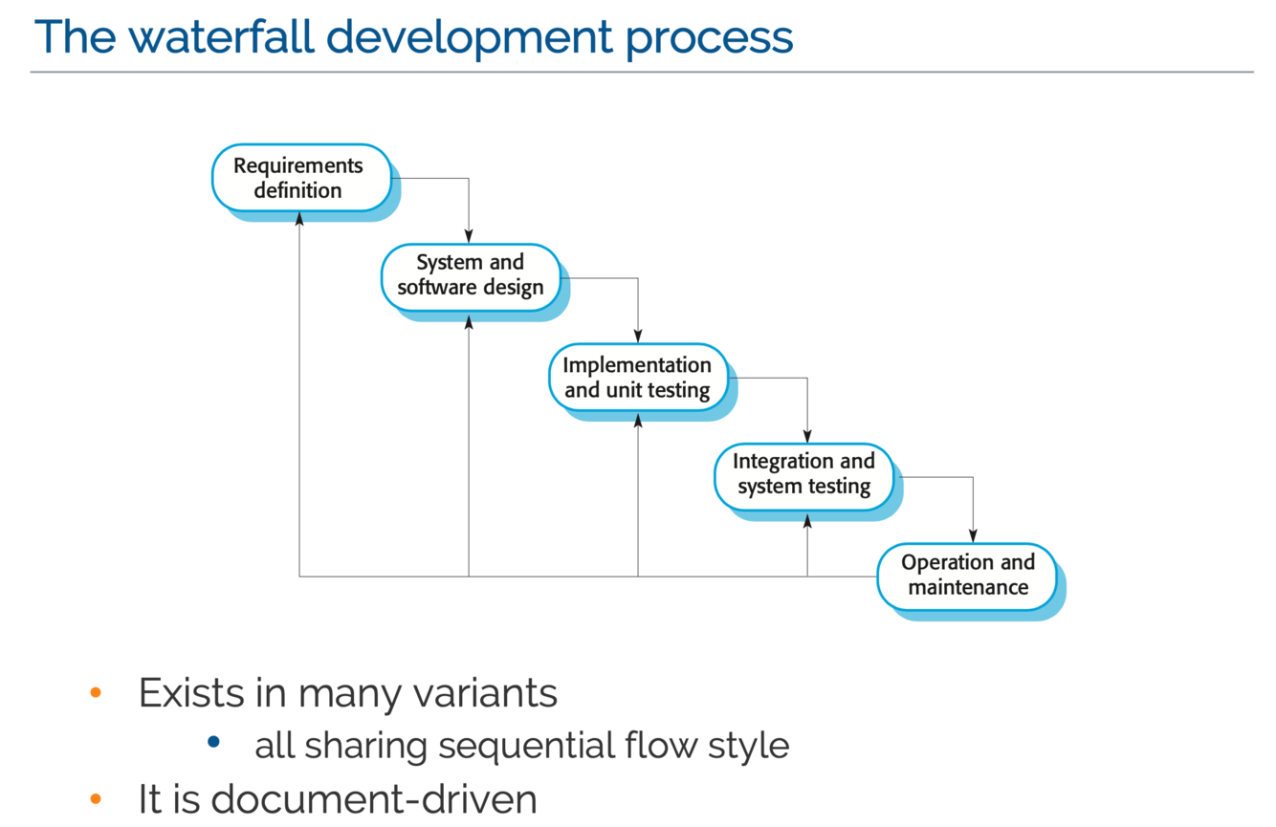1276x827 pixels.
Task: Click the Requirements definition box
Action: tap(299, 178)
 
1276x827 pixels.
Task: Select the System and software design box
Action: tap(470, 275)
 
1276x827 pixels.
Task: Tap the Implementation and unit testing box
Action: tap(637, 378)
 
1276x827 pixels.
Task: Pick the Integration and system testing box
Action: tap(803, 474)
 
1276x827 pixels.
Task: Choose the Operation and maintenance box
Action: tap(967, 576)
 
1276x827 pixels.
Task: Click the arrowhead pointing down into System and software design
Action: tap(469, 236)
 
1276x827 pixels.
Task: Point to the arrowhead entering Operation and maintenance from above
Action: tap(973, 535)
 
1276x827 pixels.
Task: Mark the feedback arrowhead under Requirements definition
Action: tap(299, 219)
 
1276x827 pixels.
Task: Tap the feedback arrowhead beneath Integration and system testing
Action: tap(807, 521)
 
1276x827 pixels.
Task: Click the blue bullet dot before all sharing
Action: tap(213, 743)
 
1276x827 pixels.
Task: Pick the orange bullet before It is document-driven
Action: tap(95, 798)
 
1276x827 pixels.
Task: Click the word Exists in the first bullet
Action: tap(191, 692)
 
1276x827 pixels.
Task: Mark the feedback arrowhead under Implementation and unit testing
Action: tap(638, 420)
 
